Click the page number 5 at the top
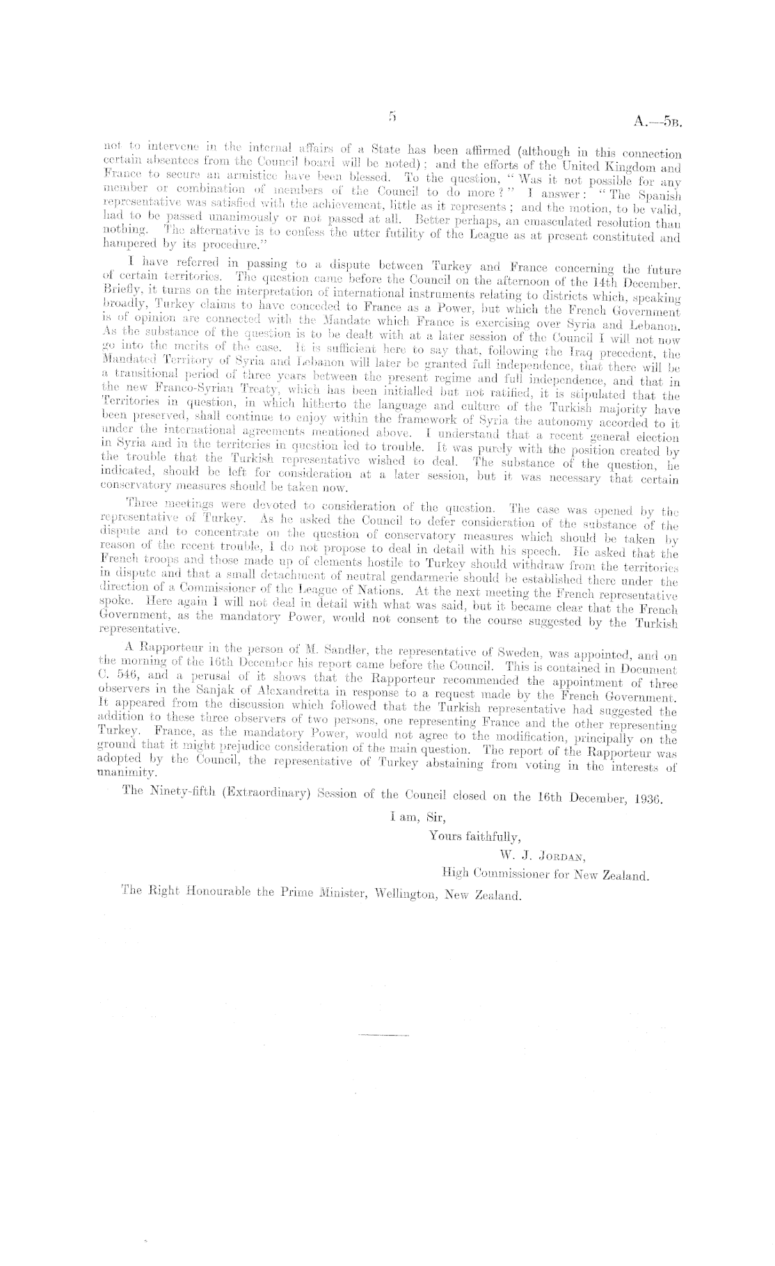[x=393, y=118]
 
